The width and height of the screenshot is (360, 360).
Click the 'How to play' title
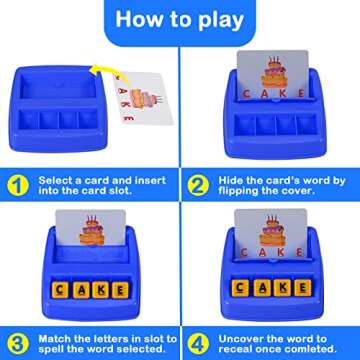pos(180,20)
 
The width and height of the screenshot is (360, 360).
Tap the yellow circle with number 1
pos(18,186)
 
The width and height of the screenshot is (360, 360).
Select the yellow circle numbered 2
pos(198,186)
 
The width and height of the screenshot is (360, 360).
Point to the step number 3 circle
pos(18,344)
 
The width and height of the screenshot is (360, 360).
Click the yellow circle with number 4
pos(198,344)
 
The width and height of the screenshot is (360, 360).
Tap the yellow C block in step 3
pos(60,290)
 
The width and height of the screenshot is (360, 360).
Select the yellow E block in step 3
pos(120,290)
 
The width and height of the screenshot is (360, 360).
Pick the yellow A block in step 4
pos(262,288)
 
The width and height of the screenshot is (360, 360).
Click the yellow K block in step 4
pos(282,288)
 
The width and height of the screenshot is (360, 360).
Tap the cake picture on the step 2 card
pos(274,73)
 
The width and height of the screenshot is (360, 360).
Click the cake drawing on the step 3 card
pos(92,230)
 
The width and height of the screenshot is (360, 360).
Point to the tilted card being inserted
pos(144,98)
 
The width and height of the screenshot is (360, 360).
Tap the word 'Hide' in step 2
pos(230,181)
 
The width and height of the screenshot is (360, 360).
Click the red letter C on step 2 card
pos(246,94)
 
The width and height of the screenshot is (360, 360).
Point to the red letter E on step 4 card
pos(300,253)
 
